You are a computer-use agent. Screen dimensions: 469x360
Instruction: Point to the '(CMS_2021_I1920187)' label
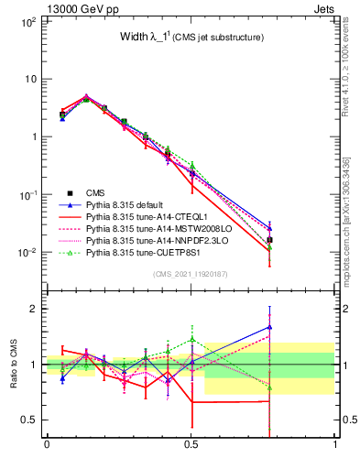click(x=190, y=274)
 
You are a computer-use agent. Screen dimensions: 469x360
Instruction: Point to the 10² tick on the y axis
click(x=27, y=20)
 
